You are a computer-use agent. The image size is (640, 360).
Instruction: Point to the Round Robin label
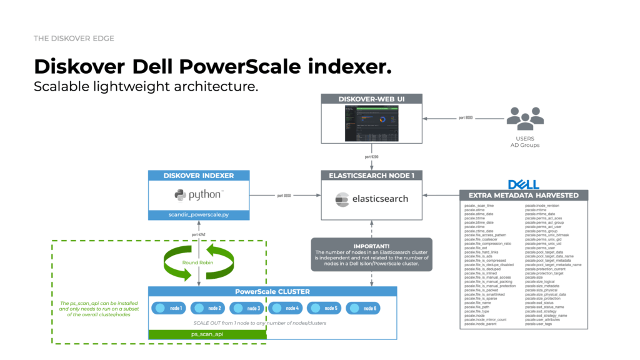tap(199, 262)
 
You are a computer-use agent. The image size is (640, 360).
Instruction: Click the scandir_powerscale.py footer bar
tap(199, 215)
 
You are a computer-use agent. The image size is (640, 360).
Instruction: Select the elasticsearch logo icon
tap(341, 199)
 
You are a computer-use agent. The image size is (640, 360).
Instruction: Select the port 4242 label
tap(199, 236)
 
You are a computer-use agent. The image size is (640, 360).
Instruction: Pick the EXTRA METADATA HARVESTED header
tap(523, 195)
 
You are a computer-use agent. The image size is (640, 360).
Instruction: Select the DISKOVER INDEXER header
tap(199, 176)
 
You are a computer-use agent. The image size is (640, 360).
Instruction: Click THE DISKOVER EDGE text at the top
tap(74, 39)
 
